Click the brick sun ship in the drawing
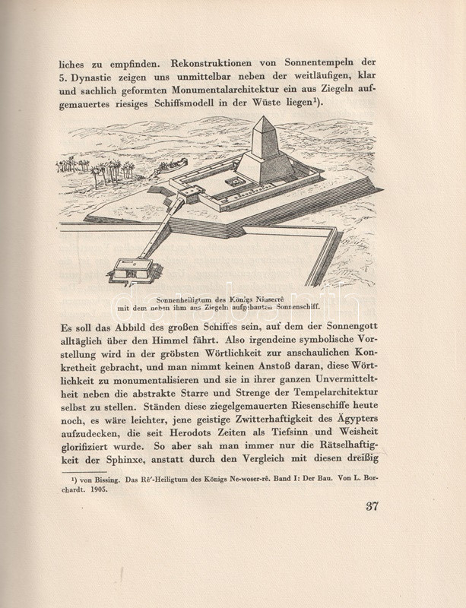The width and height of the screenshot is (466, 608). pyautogui.click(x=168, y=170)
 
